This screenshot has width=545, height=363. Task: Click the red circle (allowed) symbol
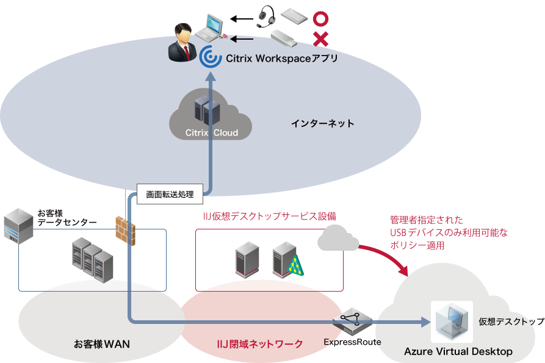click(320, 18)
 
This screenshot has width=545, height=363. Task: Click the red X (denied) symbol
click(320, 40)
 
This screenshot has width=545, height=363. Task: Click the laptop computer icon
click(214, 27)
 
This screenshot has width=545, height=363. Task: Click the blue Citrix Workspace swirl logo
click(209, 57)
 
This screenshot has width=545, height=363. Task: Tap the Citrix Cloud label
click(211, 132)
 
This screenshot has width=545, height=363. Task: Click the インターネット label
click(322, 123)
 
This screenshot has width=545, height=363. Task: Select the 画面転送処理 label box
click(170, 194)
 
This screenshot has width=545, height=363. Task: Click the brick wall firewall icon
click(125, 231)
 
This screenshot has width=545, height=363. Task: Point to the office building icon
click(18, 226)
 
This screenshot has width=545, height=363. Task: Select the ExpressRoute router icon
click(352, 322)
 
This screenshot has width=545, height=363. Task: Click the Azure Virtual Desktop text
click(458, 352)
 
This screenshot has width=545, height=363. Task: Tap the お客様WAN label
click(101, 344)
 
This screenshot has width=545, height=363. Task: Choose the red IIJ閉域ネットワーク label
click(260, 344)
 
